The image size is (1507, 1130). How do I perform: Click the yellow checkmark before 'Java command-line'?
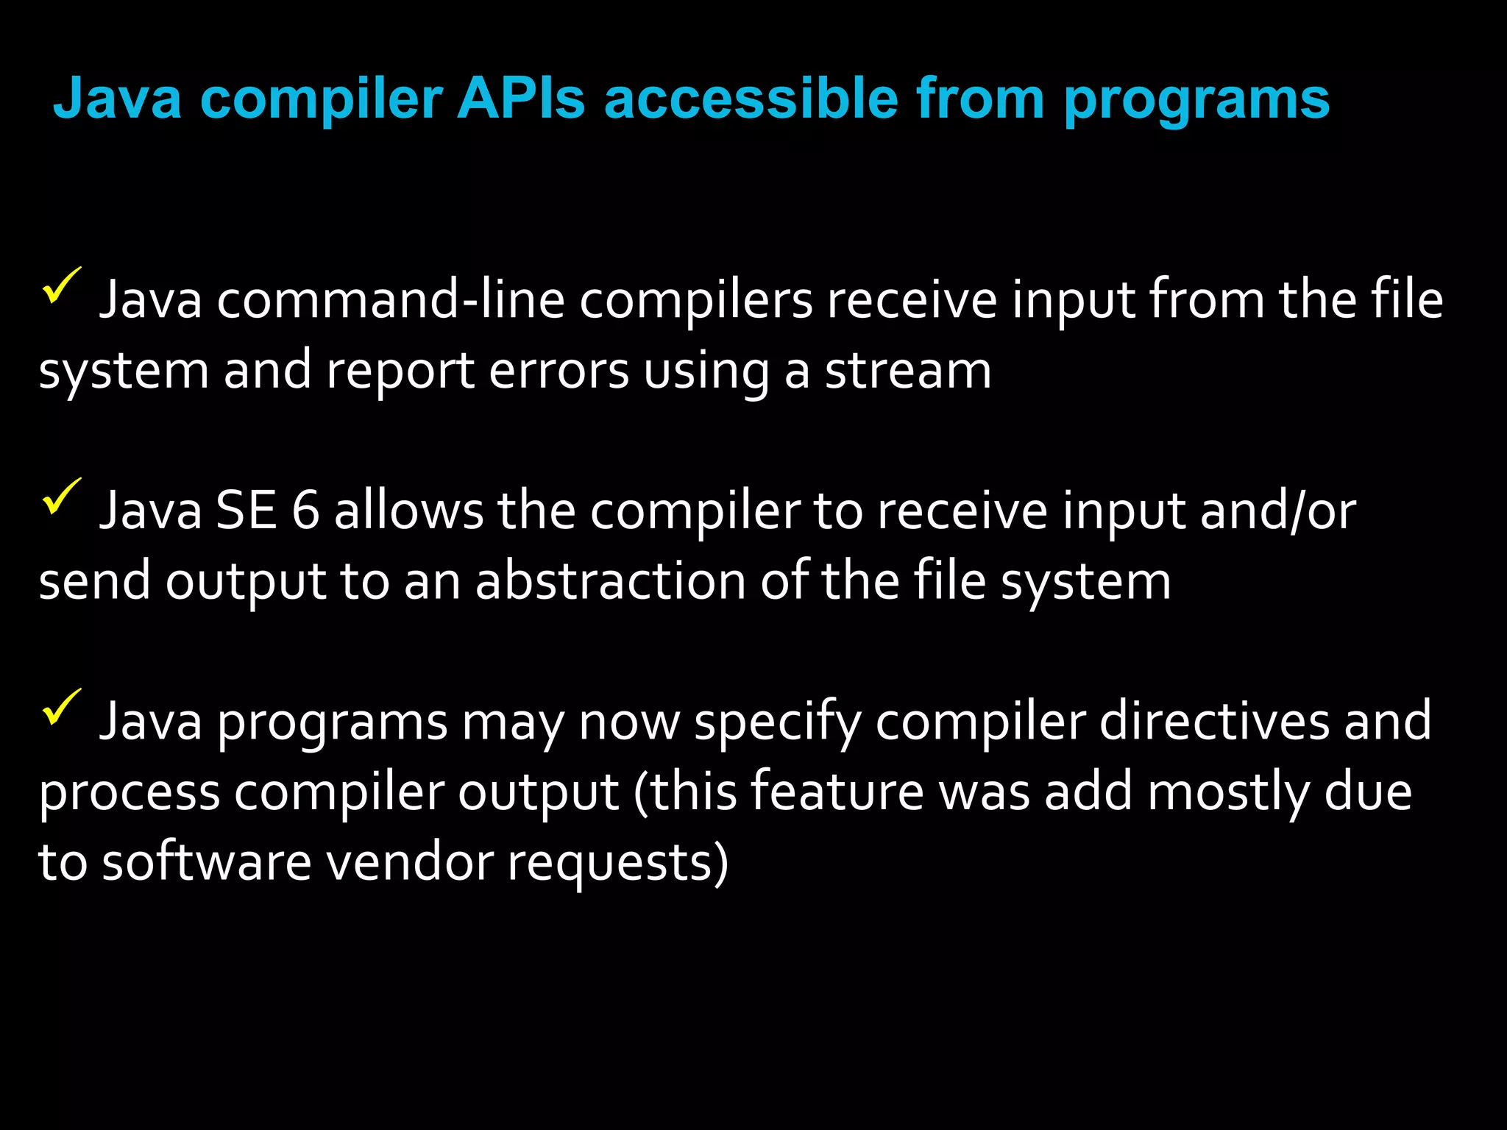pyautogui.click(x=62, y=285)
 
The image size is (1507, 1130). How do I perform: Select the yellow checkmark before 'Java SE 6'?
pyautogui.click(x=62, y=497)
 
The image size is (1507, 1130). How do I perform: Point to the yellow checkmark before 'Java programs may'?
pyautogui.click(x=62, y=707)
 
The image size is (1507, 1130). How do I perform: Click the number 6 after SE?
pyautogui.click(x=306, y=511)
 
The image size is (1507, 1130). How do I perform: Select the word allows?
pyautogui.click(x=409, y=511)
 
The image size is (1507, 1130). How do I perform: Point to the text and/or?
pyautogui.click(x=1278, y=511)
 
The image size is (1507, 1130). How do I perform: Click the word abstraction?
pyautogui.click(x=611, y=581)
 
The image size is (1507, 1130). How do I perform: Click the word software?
pyautogui.click(x=207, y=862)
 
